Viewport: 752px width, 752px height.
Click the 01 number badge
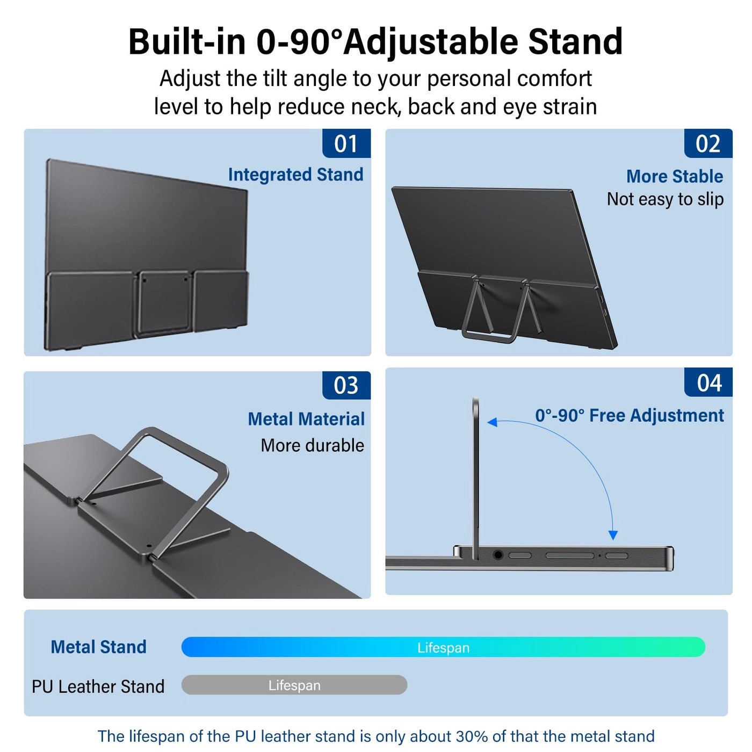tap(346, 143)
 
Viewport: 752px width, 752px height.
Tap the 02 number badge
tap(707, 143)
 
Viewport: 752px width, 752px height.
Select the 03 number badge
tap(346, 385)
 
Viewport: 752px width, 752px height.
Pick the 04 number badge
tap(708, 383)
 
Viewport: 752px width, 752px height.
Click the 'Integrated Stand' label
tap(295, 175)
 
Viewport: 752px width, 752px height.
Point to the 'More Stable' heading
tap(674, 176)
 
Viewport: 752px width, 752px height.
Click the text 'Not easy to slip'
tap(665, 199)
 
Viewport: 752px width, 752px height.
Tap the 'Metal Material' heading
tap(306, 419)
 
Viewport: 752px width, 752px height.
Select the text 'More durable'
tap(312, 445)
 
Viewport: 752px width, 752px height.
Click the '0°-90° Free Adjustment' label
tap(629, 415)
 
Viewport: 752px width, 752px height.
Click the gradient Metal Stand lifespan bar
tap(443, 647)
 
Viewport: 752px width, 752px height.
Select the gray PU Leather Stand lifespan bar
tap(294, 685)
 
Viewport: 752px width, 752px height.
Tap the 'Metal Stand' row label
tap(98, 647)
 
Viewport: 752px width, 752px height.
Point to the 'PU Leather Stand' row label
tap(98, 686)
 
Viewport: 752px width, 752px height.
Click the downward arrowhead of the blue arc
tap(613, 535)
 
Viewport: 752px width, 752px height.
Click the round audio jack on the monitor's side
tap(498, 555)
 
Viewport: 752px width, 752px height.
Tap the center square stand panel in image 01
tap(163, 303)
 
